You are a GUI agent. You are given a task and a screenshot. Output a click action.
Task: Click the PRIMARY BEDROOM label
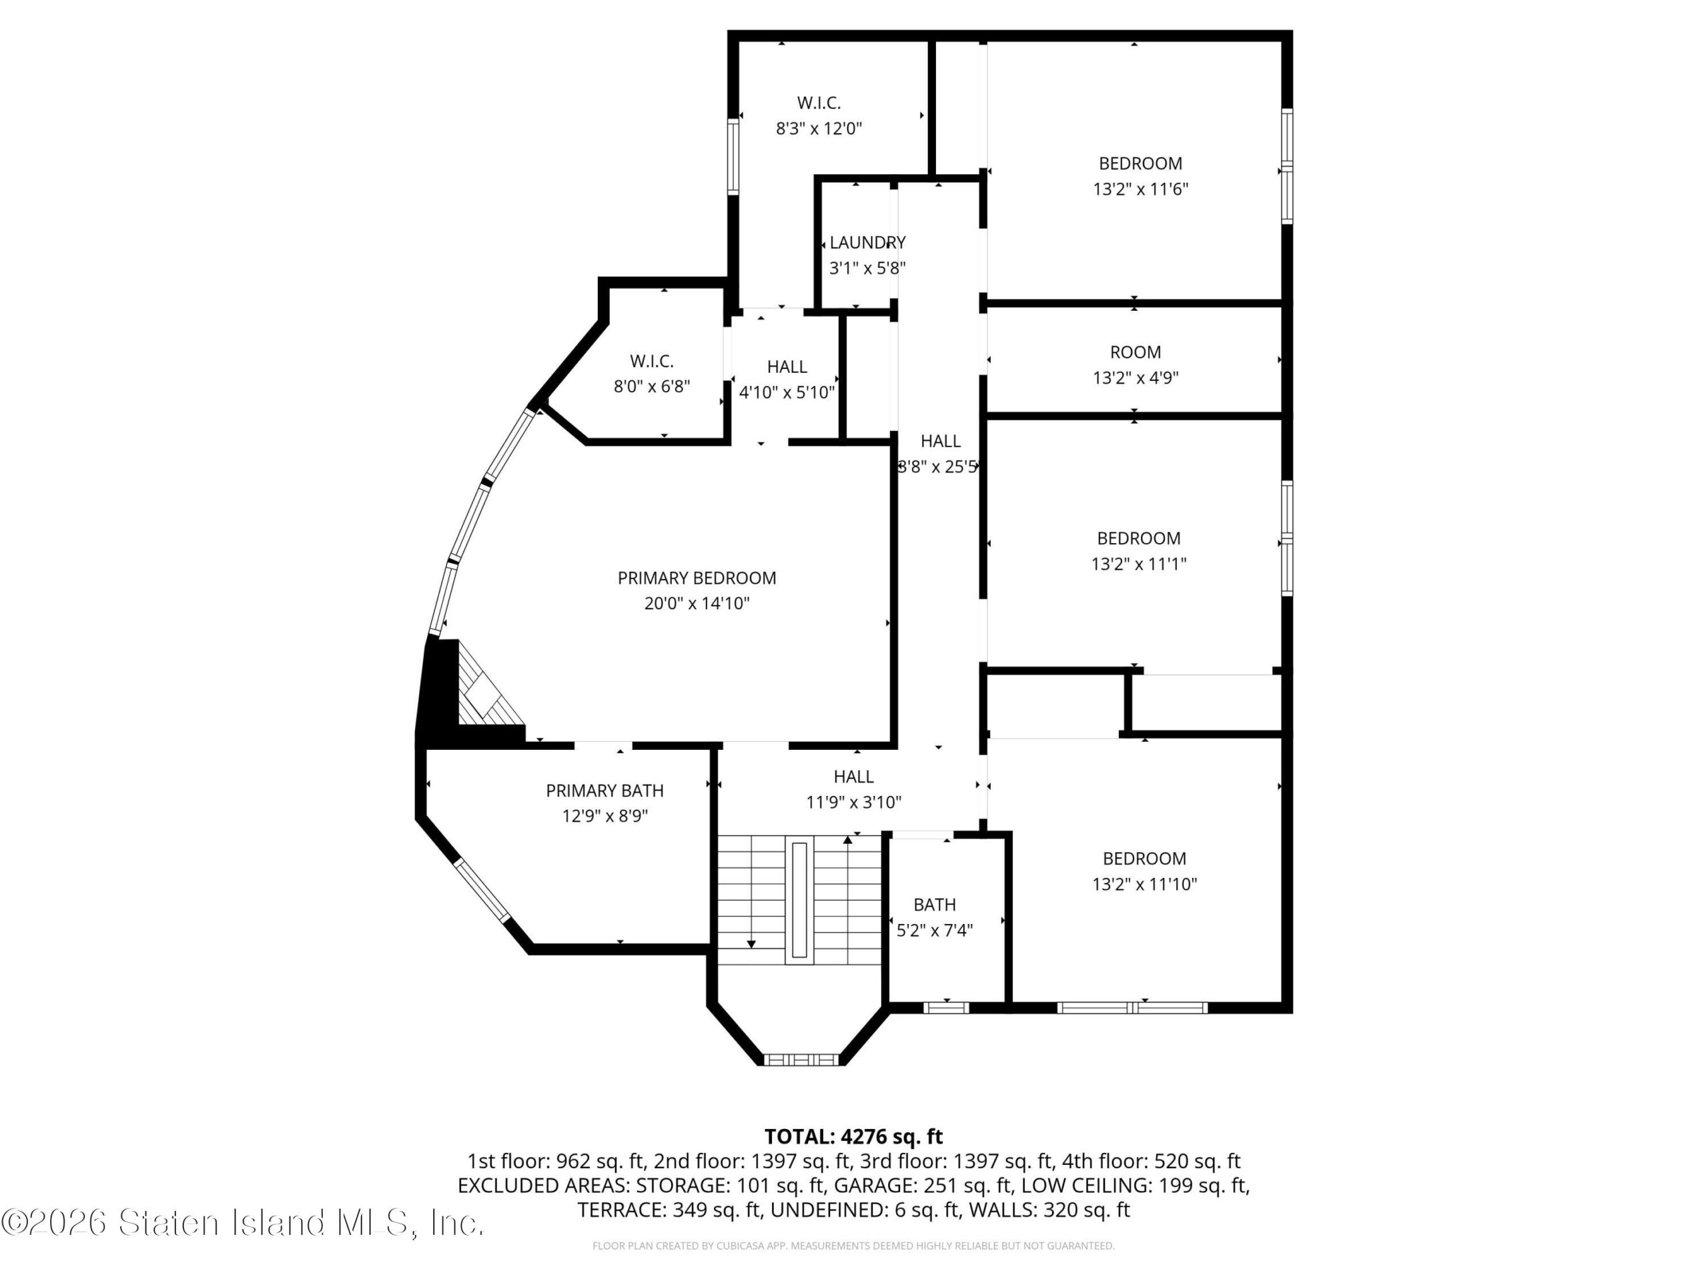[697, 578]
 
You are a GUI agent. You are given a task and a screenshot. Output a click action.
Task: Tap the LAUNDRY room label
[867, 242]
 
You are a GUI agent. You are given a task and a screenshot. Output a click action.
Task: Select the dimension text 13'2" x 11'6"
[1140, 188]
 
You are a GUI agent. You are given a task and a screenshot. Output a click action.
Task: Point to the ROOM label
[1135, 352]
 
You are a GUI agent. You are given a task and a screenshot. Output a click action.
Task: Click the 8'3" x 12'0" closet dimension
[819, 128]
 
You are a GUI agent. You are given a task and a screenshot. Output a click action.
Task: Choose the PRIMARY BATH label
[604, 791]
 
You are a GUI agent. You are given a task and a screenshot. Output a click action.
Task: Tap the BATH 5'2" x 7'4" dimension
[934, 931]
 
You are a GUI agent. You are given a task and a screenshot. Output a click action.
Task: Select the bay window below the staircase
[800, 1059]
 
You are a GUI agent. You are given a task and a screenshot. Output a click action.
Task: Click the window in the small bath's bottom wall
[946, 1007]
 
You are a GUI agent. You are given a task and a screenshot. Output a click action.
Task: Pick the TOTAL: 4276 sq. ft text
[853, 1137]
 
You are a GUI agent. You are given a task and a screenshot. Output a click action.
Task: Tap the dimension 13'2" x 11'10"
[1144, 884]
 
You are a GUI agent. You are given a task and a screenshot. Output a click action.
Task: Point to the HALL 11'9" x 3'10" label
[853, 789]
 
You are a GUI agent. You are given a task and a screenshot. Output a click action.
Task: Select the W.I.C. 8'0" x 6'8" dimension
[652, 386]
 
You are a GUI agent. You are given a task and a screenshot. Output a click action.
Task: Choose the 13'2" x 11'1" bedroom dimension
[1139, 564]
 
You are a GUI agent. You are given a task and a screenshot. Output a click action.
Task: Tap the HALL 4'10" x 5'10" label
[787, 379]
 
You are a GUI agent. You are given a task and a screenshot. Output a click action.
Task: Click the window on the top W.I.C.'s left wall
[733, 157]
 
